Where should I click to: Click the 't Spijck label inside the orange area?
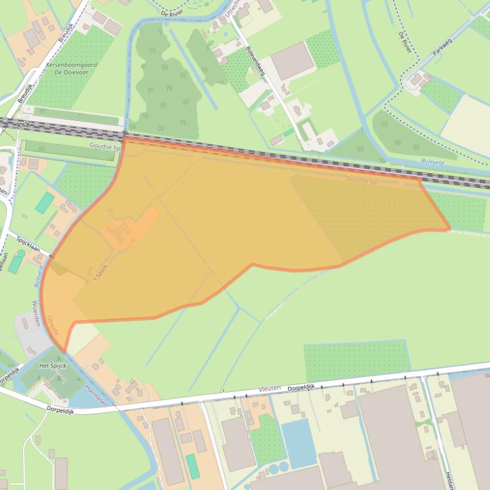[98, 272]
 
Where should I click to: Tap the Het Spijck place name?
[52, 366]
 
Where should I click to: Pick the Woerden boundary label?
[36, 314]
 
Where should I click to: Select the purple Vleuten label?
[269, 388]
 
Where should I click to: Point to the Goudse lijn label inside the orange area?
[362, 181]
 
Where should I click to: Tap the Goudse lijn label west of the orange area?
[106, 146]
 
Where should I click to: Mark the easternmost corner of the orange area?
[449, 228]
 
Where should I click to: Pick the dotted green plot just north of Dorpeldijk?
[356, 361]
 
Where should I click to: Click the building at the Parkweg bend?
[419, 80]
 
